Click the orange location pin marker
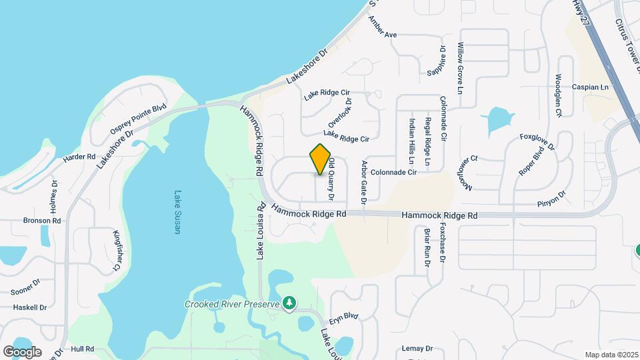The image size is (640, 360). click(321, 159)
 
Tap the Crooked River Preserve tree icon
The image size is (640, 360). click(289, 304)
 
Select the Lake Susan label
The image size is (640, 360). click(177, 212)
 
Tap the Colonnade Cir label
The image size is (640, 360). click(393, 172)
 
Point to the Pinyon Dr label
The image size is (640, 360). click(551, 198)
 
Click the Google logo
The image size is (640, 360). click(22, 351)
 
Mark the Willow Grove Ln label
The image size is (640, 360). click(459, 67)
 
